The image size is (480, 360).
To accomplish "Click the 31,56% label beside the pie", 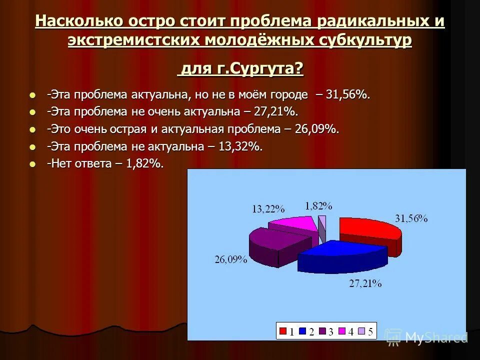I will [411, 218].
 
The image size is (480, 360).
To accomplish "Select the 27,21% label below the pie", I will [365, 283].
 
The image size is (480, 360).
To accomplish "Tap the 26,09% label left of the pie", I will [231, 259].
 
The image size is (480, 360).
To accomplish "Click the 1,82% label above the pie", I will [318, 205].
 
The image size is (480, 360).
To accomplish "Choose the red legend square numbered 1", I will [283, 331].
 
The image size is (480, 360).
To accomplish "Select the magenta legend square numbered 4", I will [342, 331].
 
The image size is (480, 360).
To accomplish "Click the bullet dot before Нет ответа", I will [33, 163].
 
